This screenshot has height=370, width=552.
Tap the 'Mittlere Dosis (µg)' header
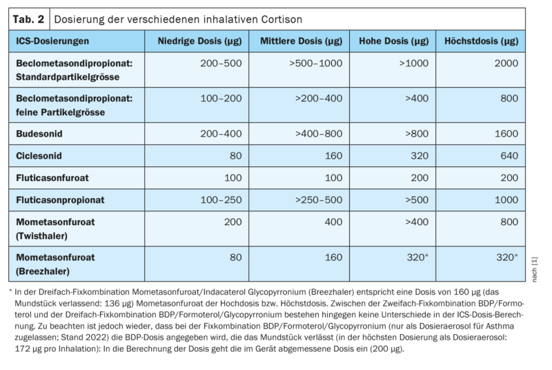pos(301,41)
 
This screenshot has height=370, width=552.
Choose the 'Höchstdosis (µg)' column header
pos(481,41)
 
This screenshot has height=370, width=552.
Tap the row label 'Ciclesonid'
pos(41,155)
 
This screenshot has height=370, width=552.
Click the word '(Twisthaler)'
pos(43,235)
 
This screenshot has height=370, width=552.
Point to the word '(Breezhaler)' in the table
pos(43,271)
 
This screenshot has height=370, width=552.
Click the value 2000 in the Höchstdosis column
pos(506,62)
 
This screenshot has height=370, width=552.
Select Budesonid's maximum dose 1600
pos(506,133)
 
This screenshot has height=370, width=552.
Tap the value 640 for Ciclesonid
pos(509,155)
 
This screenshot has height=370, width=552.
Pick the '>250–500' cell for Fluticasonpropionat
pos(318,200)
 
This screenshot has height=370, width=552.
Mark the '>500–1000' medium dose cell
pos(315,62)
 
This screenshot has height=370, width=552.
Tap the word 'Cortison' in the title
pos(279,19)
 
